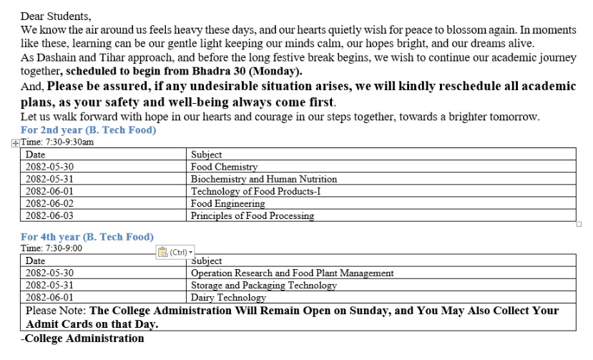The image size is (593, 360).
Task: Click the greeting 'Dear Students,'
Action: coord(57,15)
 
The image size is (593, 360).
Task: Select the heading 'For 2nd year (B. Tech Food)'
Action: coord(88,130)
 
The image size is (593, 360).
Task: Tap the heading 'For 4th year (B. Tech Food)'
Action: coord(87,236)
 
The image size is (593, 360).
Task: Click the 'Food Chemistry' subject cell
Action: coord(224,167)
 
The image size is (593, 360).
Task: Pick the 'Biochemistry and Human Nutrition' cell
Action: coord(263,179)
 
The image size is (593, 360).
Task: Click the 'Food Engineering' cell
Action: coord(227,203)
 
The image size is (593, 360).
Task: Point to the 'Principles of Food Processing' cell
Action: coord(252,215)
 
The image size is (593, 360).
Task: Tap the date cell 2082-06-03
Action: coord(49,215)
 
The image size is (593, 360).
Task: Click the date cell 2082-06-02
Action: coord(49,203)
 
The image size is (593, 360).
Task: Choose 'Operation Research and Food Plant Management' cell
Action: coord(292,273)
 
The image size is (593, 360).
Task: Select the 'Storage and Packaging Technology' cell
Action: coord(263,285)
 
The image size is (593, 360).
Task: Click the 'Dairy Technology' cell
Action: coord(228,297)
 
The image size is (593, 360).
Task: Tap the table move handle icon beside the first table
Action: coord(16,142)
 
